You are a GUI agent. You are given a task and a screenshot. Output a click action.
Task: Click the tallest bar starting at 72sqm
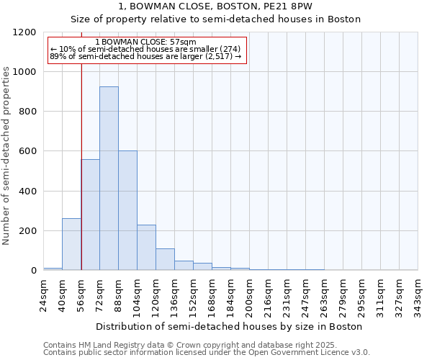pos(109,179)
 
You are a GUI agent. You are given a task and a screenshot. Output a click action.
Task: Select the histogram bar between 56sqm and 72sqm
pos(90,215)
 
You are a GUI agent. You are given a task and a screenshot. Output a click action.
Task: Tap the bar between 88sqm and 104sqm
pos(127,210)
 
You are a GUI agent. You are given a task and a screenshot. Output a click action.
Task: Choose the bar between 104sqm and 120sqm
pos(146,248)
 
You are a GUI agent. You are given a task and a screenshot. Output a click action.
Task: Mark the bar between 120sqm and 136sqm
pos(165,259)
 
